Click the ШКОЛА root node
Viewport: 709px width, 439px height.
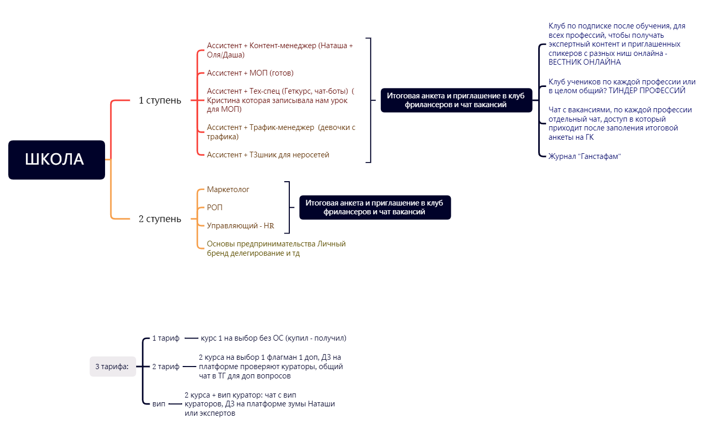click(x=56, y=159)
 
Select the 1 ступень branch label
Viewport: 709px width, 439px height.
click(x=160, y=100)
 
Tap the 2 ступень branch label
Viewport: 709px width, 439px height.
click(x=160, y=218)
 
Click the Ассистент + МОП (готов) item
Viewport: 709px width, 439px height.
click(x=250, y=73)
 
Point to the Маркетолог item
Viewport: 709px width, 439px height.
click(x=228, y=189)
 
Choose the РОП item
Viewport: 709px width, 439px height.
click(x=215, y=208)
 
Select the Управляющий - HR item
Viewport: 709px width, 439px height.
click(x=241, y=226)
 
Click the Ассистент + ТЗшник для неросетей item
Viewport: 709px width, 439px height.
click(x=268, y=154)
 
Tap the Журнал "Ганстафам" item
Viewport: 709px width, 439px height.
click(x=585, y=156)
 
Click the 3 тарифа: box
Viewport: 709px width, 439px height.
click(x=112, y=367)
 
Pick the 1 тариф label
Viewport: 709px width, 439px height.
click(x=166, y=338)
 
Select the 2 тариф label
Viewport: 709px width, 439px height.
click(x=166, y=367)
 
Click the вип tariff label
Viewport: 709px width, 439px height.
click(x=159, y=403)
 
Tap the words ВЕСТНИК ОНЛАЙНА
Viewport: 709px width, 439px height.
click(x=585, y=62)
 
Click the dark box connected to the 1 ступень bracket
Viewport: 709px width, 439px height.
click(x=456, y=100)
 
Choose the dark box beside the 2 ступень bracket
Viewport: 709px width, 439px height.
click(x=375, y=207)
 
